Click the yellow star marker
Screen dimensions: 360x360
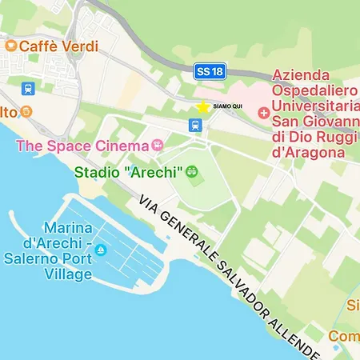coord(203,107)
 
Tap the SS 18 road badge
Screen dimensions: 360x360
coord(210,72)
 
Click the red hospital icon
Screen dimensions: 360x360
coord(264,113)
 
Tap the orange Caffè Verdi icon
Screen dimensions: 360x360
coord(10,46)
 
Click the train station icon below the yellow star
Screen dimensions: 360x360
coord(194,125)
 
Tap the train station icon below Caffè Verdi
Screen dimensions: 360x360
coord(28,88)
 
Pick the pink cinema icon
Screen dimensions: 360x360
coord(158,146)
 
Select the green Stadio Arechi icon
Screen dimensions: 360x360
coord(192,171)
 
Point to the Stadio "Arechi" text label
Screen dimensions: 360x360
coord(128,172)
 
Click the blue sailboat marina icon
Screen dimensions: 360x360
coord(101,251)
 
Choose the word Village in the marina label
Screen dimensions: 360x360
coord(70,274)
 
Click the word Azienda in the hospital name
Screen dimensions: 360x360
coord(304,75)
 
